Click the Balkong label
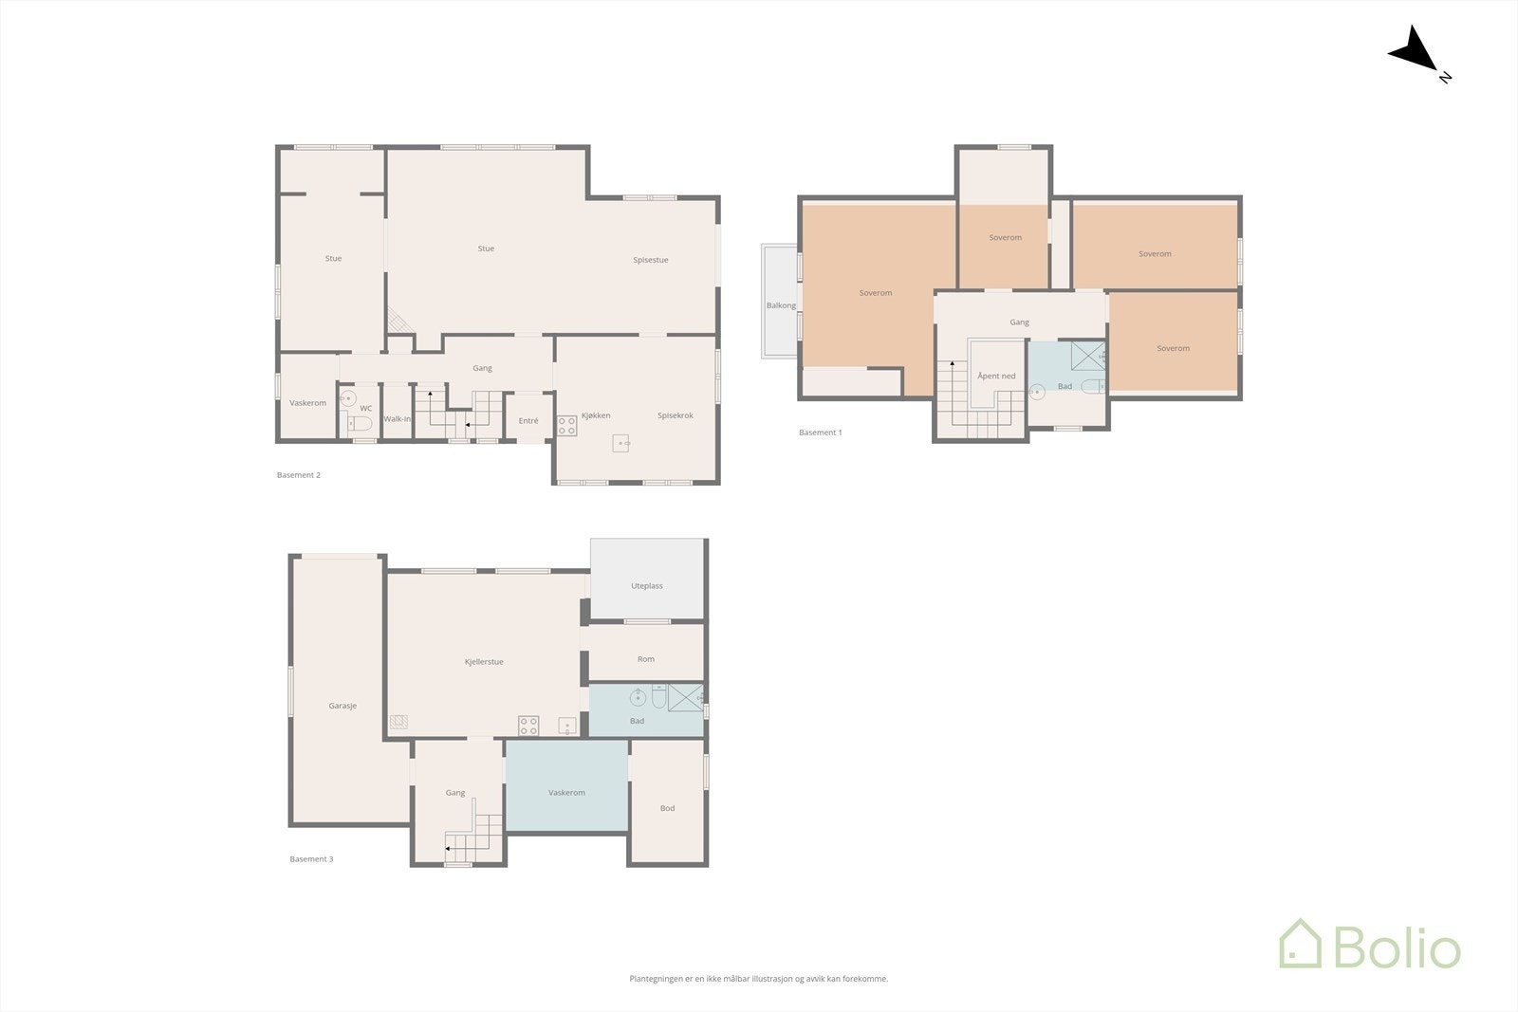point(781,305)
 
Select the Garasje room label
point(342,706)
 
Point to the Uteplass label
point(647,586)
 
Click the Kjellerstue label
point(484,662)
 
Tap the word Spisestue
point(651,260)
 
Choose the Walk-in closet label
point(398,419)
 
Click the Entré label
point(528,421)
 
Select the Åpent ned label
point(996,377)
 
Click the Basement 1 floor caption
point(820,432)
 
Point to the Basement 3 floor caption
point(311,859)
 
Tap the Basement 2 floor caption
point(299,475)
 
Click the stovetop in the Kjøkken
point(566,426)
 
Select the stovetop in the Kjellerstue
point(528,726)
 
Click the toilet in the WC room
point(361,422)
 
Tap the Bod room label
point(667,808)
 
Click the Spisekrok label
point(676,415)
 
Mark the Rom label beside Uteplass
point(646,659)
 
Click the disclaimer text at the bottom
point(758,979)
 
